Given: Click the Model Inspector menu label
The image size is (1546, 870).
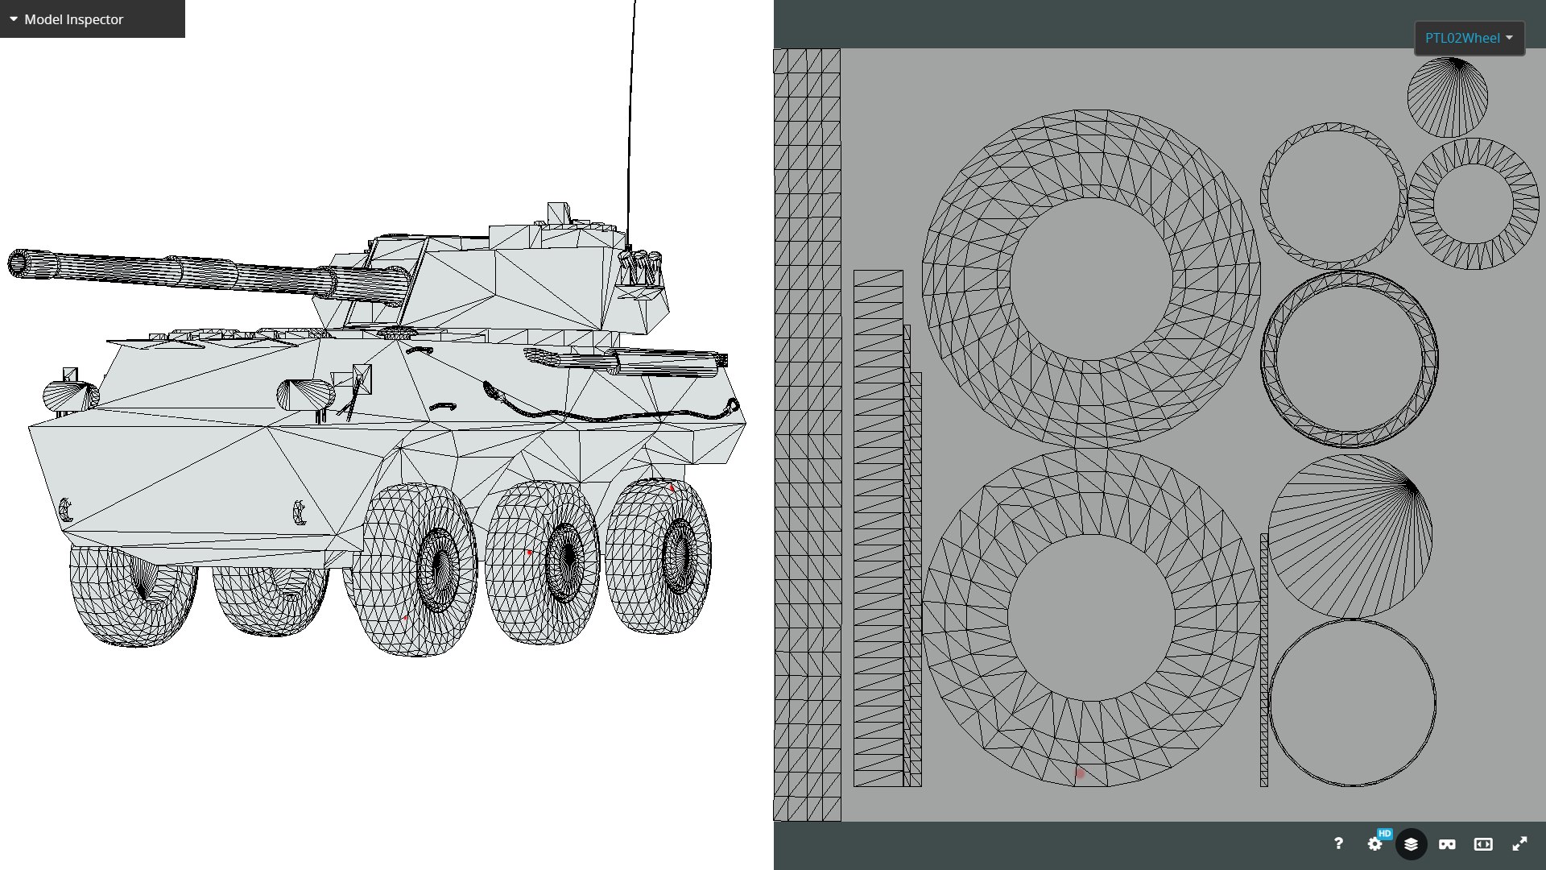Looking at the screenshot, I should pyautogui.click(x=73, y=19).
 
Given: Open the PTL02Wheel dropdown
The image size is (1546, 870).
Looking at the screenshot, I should pyautogui.click(x=1469, y=38).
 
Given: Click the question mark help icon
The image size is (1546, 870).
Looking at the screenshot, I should pyautogui.click(x=1338, y=843).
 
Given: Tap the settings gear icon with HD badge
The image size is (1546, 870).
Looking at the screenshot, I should pyautogui.click(x=1375, y=843).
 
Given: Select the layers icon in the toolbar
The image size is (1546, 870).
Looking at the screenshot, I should pyautogui.click(x=1411, y=843).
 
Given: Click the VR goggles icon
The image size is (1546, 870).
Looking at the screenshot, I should pyautogui.click(x=1447, y=843).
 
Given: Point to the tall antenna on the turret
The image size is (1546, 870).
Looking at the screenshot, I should pyautogui.click(x=631, y=121).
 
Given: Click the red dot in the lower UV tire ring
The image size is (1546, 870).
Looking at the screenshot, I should pyautogui.click(x=1081, y=773).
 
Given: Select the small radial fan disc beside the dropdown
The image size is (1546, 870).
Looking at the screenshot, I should pyautogui.click(x=1447, y=97).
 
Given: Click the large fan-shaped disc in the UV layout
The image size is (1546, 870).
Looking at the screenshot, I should pyautogui.click(x=1350, y=536).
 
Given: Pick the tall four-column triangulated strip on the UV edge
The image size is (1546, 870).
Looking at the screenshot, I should pyautogui.click(x=807, y=435).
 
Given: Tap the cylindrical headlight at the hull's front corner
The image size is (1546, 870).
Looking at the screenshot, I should pyautogui.click(x=71, y=396).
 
